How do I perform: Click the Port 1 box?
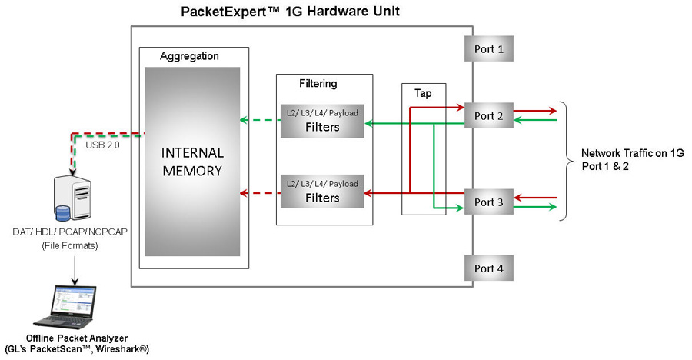click(x=488, y=49)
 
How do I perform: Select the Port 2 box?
click(x=488, y=115)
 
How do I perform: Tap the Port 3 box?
click(x=488, y=202)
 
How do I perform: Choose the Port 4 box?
click(x=488, y=268)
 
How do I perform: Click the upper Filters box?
click(x=322, y=120)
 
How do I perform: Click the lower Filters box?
click(x=322, y=192)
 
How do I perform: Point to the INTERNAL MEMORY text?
click(x=193, y=161)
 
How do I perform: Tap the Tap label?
click(x=423, y=93)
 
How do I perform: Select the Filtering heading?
click(x=318, y=83)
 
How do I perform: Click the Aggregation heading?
click(x=189, y=56)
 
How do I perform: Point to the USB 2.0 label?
click(x=102, y=145)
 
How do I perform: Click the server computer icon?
click(x=74, y=198)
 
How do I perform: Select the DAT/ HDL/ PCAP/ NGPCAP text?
click(x=75, y=232)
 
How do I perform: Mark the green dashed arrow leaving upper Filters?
click(x=258, y=121)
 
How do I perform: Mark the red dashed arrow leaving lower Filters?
click(x=258, y=192)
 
